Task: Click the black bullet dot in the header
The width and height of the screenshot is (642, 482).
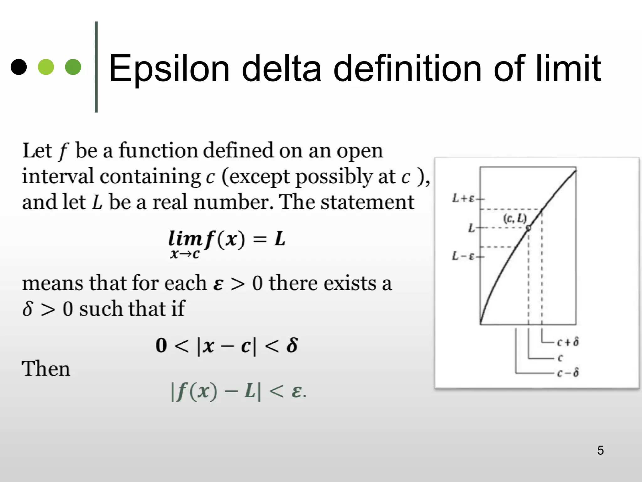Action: [x=19, y=67]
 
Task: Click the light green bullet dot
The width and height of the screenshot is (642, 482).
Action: [x=46, y=67]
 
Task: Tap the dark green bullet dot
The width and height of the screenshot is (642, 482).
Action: [x=73, y=67]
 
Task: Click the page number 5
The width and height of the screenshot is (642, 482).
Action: [x=600, y=450]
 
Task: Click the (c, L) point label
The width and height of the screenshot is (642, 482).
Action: [x=515, y=218]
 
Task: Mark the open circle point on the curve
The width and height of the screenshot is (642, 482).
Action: [x=529, y=228]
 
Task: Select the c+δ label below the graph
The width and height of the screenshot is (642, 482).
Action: [x=568, y=342]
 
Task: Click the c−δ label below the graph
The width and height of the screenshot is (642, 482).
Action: [x=568, y=373]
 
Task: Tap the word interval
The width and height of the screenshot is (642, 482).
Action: [x=58, y=176]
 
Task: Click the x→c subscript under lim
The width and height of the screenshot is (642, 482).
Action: [x=185, y=254]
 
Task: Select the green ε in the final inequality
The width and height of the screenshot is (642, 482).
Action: [x=297, y=392]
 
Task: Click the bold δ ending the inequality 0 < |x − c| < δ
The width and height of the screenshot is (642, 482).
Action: [x=292, y=345]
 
